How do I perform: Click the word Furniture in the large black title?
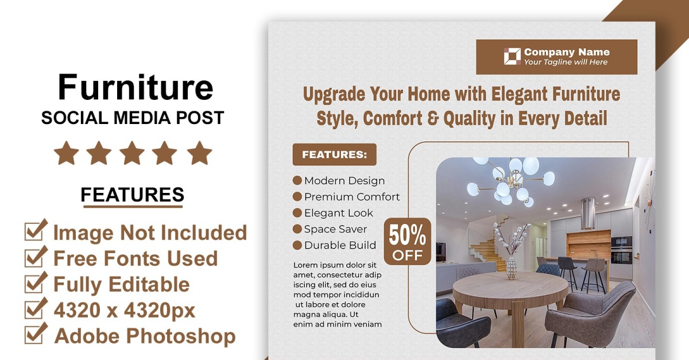tap(136, 87)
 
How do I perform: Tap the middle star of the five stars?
tap(132, 153)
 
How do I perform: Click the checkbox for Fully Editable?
tap(36, 282)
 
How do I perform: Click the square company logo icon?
tap(512, 56)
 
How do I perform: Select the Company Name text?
tap(567, 52)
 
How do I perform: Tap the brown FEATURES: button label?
tap(334, 154)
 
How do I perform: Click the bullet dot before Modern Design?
tap(297, 180)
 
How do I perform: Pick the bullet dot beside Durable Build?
tap(297, 245)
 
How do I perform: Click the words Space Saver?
tap(335, 229)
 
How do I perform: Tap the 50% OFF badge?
tap(407, 242)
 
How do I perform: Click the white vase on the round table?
tap(511, 268)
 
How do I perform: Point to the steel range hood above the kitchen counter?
tap(587, 213)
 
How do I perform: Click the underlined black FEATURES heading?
tap(132, 195)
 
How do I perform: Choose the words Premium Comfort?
tap(352, 196)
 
